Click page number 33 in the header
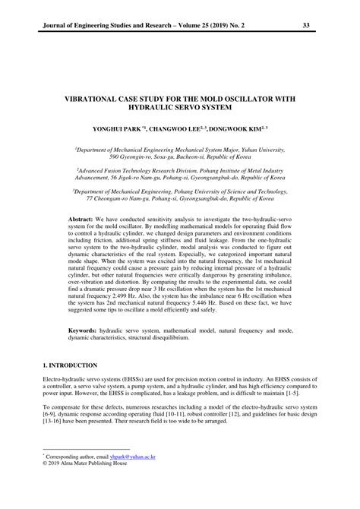pyautogui.click(x=307, y=25)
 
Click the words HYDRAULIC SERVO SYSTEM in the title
pyautogui.click(x=180, y=109)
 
